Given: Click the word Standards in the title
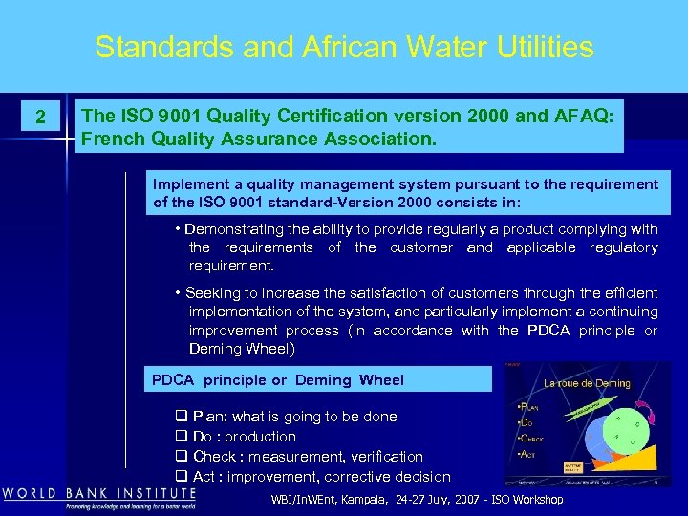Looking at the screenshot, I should [153, 47].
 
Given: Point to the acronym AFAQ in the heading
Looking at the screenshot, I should [587, 116].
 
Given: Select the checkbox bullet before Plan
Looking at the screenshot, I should [181, 417].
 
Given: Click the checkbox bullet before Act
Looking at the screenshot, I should [181, 476].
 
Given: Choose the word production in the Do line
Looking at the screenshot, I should [260, 437].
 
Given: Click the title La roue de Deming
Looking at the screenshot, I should [587, 383].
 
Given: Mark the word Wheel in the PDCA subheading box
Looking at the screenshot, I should [381, 379].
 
